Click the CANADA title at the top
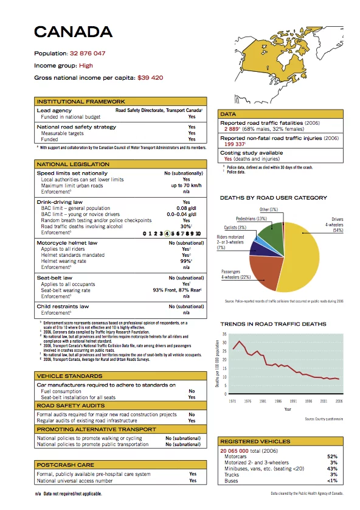[73, 32]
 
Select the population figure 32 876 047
[88, 54]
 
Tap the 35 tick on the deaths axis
[224, 335]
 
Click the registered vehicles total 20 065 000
[238, 450]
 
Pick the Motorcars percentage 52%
[332, 456]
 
